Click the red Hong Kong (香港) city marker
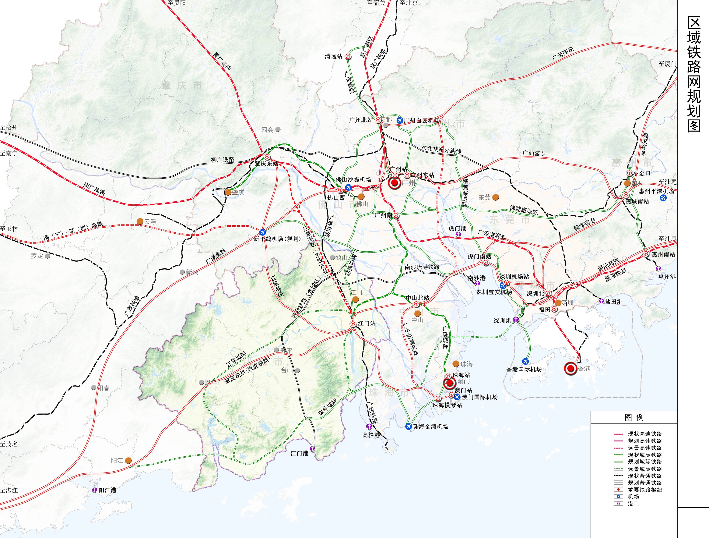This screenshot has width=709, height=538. [570, 368]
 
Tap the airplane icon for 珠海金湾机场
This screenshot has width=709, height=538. [408, 427]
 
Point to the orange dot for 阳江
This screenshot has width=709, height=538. [128, 460]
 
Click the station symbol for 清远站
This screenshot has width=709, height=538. [348, 56]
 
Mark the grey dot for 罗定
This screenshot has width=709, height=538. [48, 256]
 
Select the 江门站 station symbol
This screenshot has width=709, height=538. [353, 324]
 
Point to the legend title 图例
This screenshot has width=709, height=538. [634, 417]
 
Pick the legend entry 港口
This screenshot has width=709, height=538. [633, 503]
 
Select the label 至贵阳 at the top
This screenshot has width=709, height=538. [176, 3]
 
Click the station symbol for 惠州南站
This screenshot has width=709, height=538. [646, 254]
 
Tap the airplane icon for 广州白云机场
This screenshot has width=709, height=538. [400, 120]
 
